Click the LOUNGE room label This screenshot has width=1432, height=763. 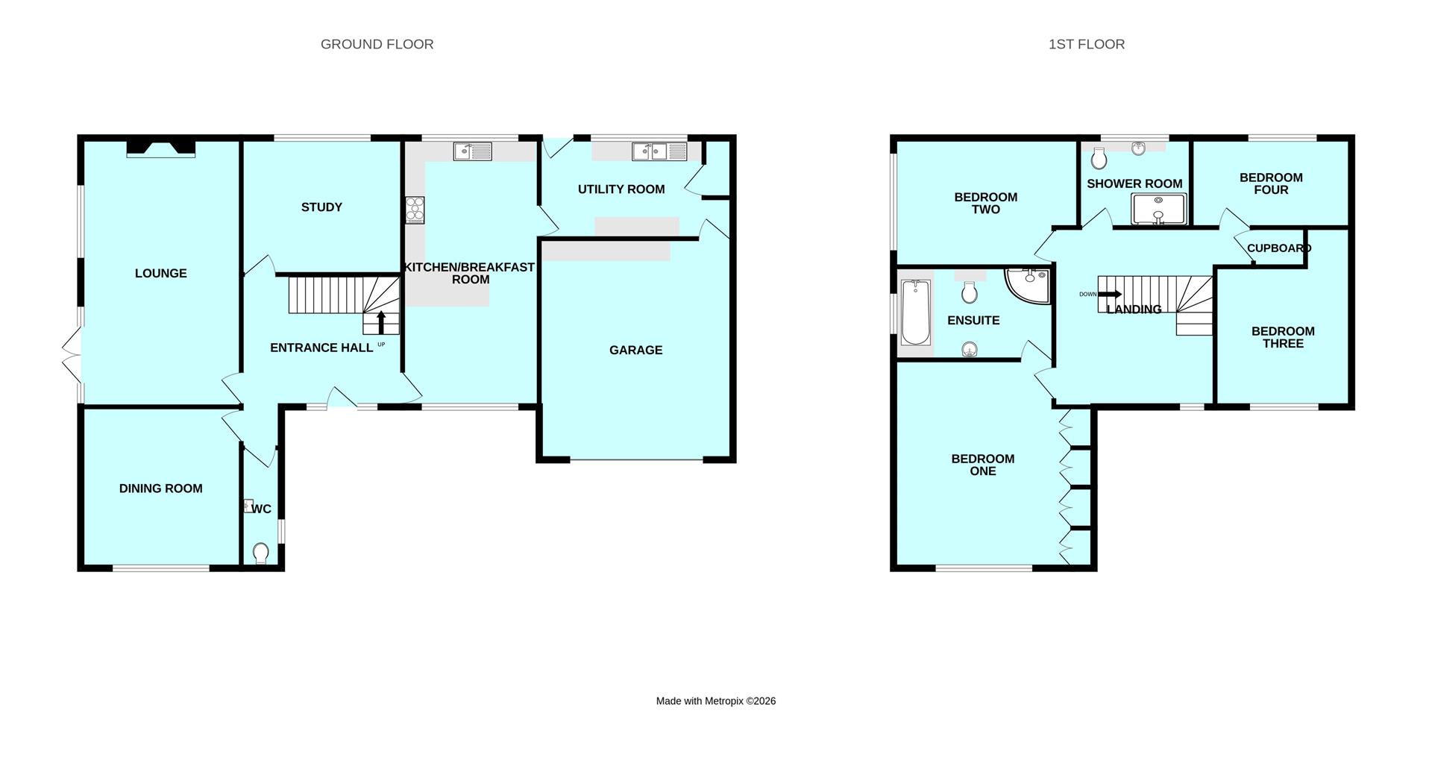pos(160,274)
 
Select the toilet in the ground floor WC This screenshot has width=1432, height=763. pos(260,553)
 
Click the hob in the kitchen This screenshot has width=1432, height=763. pos(415,210)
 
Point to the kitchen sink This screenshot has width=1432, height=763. pos(472,151)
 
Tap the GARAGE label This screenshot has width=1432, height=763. pos(635,350)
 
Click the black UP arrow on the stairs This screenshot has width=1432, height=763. pos(381,321)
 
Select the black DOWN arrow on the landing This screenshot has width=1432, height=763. pos(1110,294)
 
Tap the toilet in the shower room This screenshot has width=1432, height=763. pos(1099,158)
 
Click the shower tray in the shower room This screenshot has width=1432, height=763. pos(1158,209)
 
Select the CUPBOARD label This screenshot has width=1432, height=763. pos(1278,248)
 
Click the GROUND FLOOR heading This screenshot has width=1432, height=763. pos(377,44)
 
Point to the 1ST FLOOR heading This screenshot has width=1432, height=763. pos(1086,44)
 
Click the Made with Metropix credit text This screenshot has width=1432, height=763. pos(715,701)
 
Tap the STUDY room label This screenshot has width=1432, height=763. pos(321,207)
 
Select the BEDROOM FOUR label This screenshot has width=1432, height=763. pos(1271,183)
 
